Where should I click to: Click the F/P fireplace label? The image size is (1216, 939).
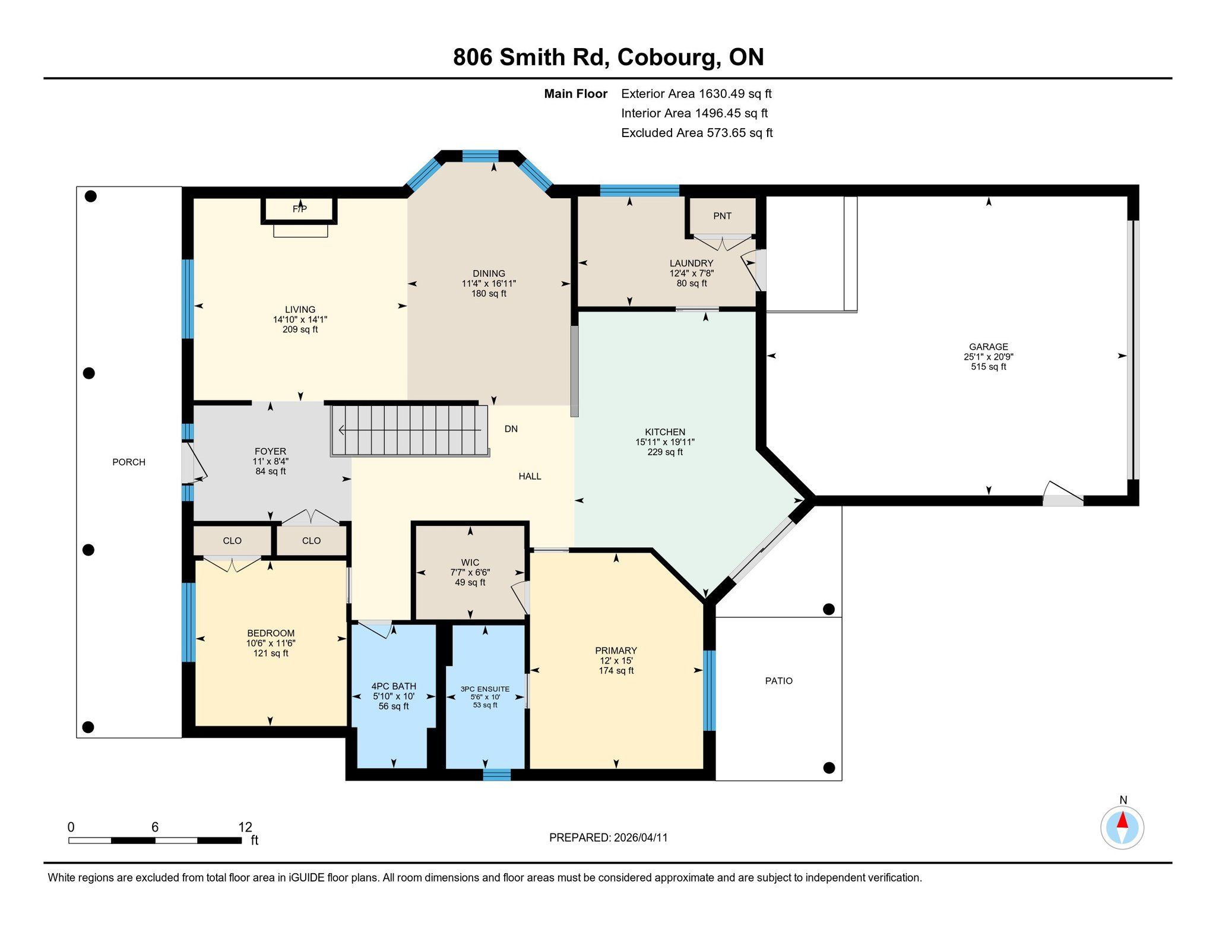point(300,209)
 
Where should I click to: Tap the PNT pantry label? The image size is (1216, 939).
point(722,216)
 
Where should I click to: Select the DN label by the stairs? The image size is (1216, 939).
point(511,429)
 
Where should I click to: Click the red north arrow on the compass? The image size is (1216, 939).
point(1122,820)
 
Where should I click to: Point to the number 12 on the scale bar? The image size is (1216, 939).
point(245,827)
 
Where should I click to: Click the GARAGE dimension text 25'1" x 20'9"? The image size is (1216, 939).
point(989,357)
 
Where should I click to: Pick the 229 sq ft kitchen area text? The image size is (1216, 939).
point(665,452)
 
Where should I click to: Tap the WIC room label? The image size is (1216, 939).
point(470,562)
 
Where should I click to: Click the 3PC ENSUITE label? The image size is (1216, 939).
point(485,689)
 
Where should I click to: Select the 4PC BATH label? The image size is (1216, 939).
point(394,686)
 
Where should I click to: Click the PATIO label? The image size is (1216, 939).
point(778,681)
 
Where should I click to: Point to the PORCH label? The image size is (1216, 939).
point(129,462)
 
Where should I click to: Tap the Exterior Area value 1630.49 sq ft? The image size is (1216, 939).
point(735,94)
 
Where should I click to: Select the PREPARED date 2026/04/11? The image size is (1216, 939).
point(641,838)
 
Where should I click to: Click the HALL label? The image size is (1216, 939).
point(530,476)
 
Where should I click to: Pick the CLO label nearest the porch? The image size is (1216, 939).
point(232,541)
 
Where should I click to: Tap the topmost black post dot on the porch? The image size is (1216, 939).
point(91,196)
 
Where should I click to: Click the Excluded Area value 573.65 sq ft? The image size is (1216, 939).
point(739,133)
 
